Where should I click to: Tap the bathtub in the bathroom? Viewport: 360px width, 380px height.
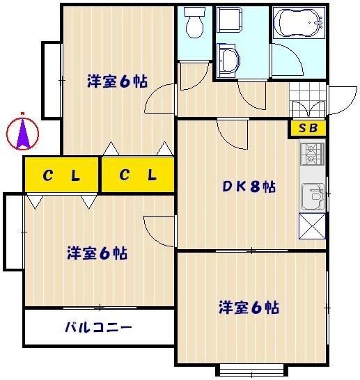pyautogui.click(x=299, y=24)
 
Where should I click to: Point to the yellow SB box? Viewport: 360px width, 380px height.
pyautogui.click(x=307, y=128)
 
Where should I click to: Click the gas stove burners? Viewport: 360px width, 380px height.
pyautogui.click(x=312, y=154)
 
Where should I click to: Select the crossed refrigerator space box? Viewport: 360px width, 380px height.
pyautogui.click(x=312, y=225)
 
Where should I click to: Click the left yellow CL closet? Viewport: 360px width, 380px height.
pyautogui.click(x=61, y=175)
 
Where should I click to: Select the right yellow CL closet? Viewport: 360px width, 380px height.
pyautogui.click(x=136, y=175)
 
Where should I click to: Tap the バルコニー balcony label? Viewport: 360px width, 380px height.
pyautogui.click(x=98, y=326)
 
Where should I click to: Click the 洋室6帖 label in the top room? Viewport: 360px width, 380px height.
pyautogui.click(x=117, y=81)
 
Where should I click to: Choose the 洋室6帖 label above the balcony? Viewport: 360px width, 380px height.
pyautogui.click(x=97, y=253)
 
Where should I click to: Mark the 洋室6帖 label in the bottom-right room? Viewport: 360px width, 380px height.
pyautogui.click(x=249, y=306)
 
